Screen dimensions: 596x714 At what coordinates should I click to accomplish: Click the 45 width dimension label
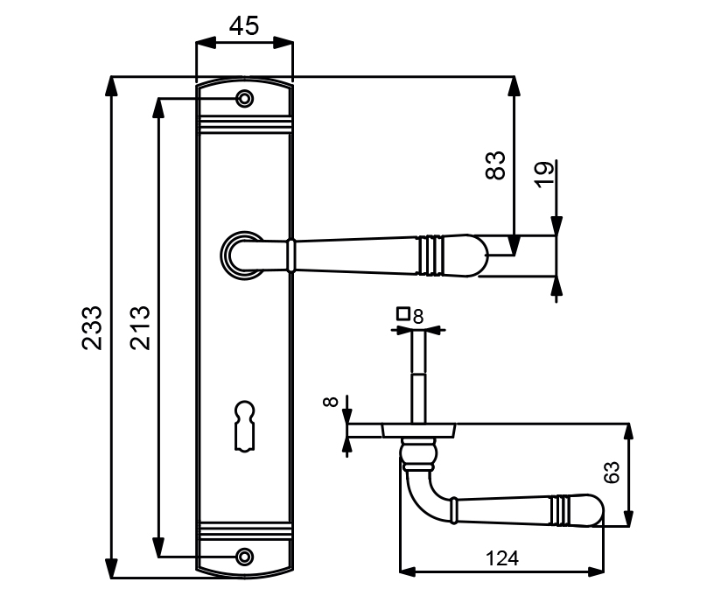tap(244, 26)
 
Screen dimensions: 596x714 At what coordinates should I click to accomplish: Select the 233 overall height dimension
tap(92, 327)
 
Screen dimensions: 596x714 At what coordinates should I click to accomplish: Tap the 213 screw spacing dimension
tap(140, 327)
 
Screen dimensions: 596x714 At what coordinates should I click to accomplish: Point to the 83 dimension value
tap(495, 165)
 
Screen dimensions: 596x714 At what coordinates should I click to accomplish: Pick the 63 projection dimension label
tap(612, 473)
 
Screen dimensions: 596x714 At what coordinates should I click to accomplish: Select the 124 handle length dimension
tap(501, 557)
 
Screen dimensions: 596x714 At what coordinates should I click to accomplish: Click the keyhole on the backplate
tap(244, 425)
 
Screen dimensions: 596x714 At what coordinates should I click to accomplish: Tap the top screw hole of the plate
tap(245, 99)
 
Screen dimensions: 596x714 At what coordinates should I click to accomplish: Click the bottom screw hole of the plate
tap(245, 556)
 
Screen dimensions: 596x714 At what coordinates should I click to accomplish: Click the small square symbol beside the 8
tap(403, 312)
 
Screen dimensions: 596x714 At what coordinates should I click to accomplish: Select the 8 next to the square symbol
tap(417, 316)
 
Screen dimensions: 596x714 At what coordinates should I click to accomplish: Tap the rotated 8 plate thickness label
tap(330, 403)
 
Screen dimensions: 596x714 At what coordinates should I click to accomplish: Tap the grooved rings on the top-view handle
tap(559, 511)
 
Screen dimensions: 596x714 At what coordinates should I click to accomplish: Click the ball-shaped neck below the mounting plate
tap(419, 453)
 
